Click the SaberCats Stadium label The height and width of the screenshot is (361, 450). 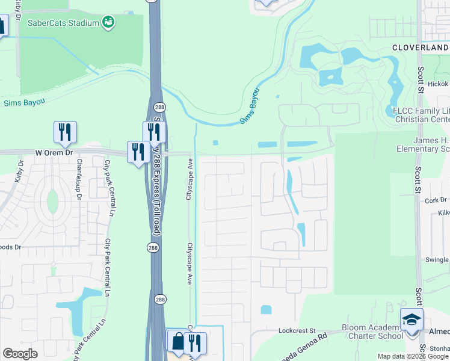point(63,23)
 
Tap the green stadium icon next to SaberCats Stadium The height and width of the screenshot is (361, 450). point(108,22)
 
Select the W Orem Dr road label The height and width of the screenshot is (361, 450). point(54,153)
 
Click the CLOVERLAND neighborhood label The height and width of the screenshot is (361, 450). point(421,47)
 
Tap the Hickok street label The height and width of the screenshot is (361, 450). point(438,84)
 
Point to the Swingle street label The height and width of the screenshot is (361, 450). point(437,259)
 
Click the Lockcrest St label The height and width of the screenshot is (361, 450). point(297,330)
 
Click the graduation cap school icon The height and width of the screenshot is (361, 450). point(411,319)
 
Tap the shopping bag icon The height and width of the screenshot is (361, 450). point(178,341)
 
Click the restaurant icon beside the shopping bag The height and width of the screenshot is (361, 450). point(194,343)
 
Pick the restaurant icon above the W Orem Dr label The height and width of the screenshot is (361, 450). point(65,132)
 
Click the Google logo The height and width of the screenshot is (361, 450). point(20,354)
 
